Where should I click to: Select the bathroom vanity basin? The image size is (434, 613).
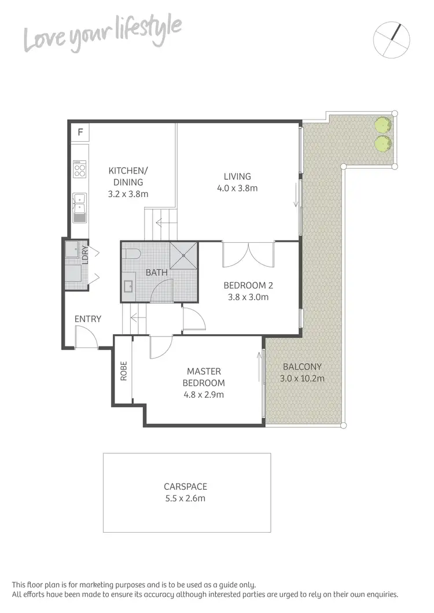point(128,286)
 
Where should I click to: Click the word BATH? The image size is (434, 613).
point(156,272)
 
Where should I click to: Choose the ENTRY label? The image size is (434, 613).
point(88,319)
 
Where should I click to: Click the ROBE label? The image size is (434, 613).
point(123,371)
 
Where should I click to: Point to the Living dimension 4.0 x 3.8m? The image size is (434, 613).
point(238,188)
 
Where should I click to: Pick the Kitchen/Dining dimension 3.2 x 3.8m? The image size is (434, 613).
point(128,194)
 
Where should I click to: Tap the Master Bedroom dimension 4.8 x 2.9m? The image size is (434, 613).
point(204,394)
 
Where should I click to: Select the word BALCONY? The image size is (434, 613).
point(302,367)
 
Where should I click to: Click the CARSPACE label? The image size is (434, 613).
point(186,486)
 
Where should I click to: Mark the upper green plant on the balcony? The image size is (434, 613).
point(381,125)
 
